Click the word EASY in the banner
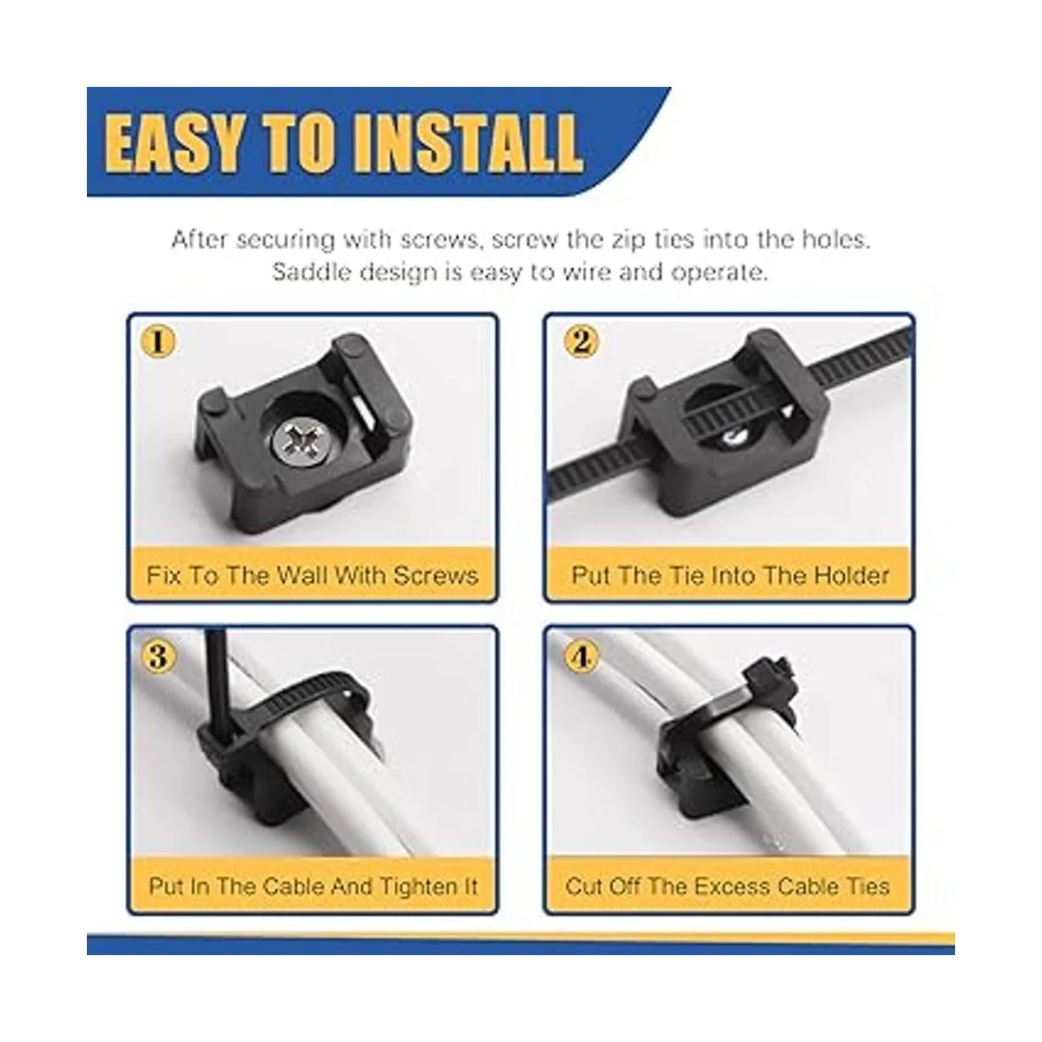tap(172, 144)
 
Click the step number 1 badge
tap(158, 342)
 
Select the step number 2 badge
tap(580, 342)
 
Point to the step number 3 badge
tap(158, 657)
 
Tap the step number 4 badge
tap(580, 657)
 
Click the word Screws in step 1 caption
tap(435, 576)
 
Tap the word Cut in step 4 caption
tap(583, 887)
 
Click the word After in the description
tap(200, 240)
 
